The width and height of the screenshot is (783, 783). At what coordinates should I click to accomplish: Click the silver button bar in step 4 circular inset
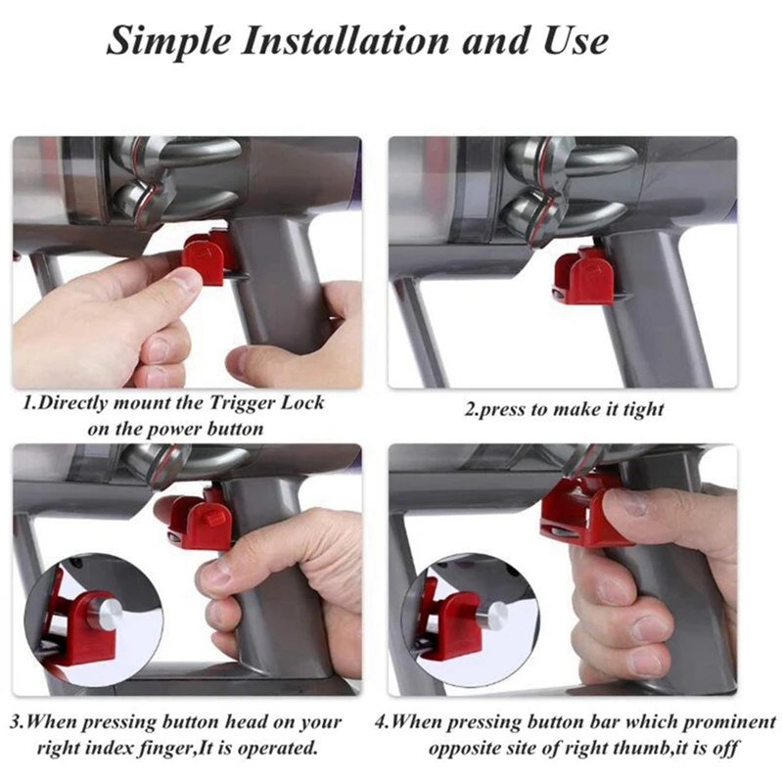pos(494,616)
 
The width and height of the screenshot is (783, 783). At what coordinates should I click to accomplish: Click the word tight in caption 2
pos(640,409)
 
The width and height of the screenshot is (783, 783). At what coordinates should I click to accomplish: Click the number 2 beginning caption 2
pos(469,409)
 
